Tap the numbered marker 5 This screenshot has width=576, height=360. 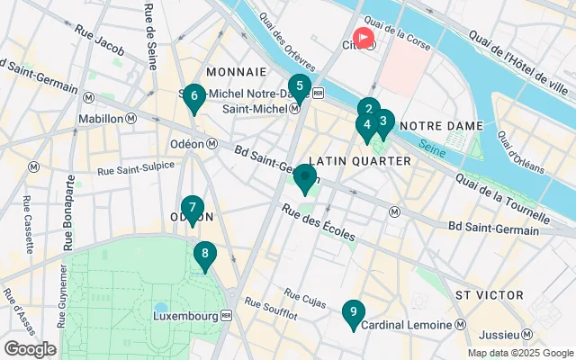coord(300,88)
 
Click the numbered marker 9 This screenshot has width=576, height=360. coord(353,313)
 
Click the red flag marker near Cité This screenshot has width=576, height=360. coord(364,39)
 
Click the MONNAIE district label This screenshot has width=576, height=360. coord(236,71)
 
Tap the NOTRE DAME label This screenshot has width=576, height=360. coord(441,125)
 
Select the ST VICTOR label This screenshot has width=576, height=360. coord(489,295)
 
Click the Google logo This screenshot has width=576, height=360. coord(30,348)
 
